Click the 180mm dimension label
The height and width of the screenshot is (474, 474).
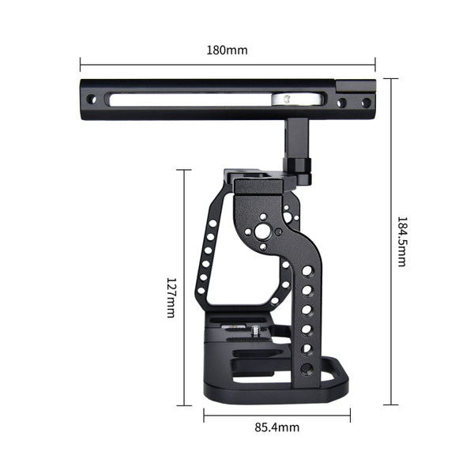pyautogui.click(x=228, y=50)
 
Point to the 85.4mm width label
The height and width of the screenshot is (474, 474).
pyautogui.click(x=276, y=427)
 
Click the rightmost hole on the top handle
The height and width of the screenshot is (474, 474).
pyautogui.click(x=366, y=103)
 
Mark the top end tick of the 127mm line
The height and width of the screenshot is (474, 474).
pyautogui.click(x=183, y=170)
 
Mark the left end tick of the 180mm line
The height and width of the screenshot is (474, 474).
pyautogui.click(x=81, y=63)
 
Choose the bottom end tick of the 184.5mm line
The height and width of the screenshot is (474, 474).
pyautogui.click(x=390, y=404)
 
